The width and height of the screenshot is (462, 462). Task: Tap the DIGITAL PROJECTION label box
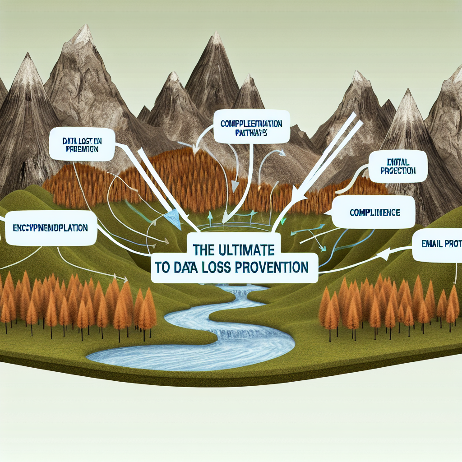tap(397, 166)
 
